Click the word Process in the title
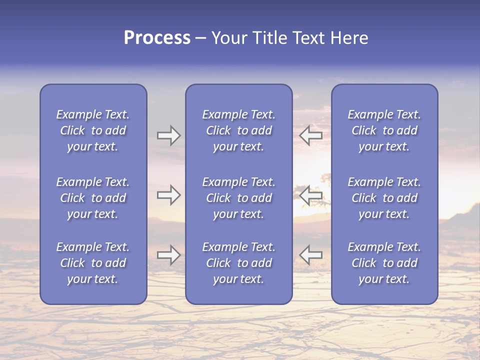point(157,38)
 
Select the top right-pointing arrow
point(169,135)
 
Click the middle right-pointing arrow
point(169,195)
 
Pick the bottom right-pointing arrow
point(169,255)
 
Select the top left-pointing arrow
point(310,135)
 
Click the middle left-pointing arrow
point(310,195)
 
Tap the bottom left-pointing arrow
point(310,254)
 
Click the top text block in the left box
point(93,130)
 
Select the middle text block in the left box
point(93,198)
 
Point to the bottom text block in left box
point(93,263)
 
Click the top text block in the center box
point(238,130)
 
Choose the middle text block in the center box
point(238,198)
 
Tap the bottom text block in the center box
point(238,263)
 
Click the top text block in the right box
point(384,130)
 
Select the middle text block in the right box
point(384,198)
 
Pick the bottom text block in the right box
point(384,263)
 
